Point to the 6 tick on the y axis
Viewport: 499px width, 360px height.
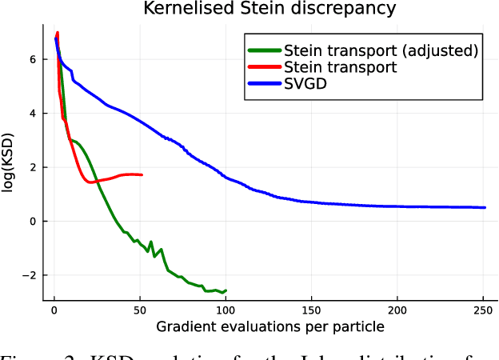point(33,59)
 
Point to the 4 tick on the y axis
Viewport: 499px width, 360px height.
point(33,113)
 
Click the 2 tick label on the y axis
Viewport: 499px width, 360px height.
point(33,167)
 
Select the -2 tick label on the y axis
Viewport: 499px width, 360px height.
point(30,275)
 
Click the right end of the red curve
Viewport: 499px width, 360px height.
point(142,174)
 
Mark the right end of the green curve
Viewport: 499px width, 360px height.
point(226,290)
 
